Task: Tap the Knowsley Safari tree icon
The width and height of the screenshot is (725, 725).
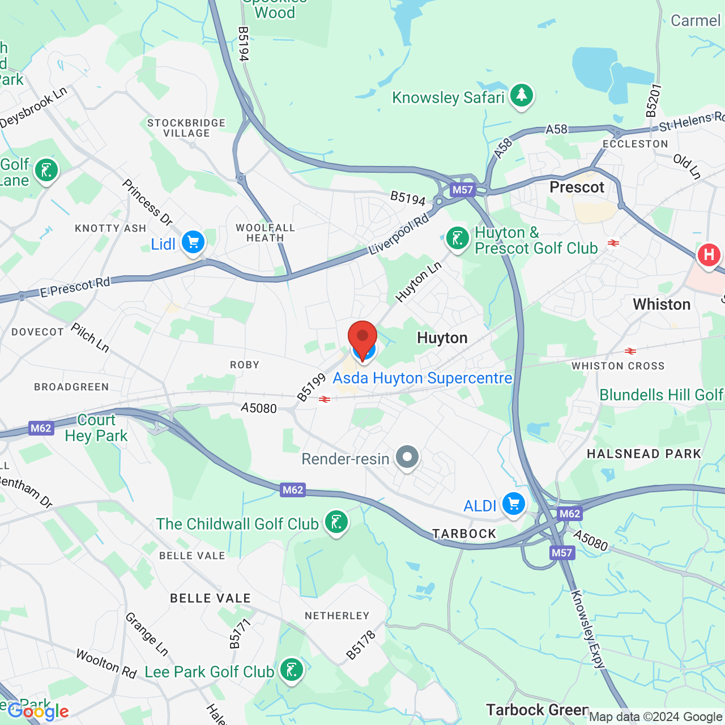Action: coord(521,96)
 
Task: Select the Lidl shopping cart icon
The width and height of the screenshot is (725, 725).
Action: coord(193,243)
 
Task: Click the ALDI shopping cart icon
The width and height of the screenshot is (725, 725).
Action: coord(513,504)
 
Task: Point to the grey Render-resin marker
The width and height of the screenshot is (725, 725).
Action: coord(407,457)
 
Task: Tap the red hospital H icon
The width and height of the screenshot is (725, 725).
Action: coord(709,255)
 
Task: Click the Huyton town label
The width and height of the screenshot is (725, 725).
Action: coord(442,338)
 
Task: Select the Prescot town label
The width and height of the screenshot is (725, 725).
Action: coord(577,187)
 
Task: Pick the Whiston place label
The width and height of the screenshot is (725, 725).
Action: coord(662,305)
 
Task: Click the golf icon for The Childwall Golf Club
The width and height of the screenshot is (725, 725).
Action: coord(336,522)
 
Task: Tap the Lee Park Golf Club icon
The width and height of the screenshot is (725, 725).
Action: coord(291,670)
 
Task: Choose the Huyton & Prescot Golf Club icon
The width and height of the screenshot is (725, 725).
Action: coord(457,238)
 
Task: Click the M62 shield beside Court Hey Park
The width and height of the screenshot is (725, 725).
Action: coord(41,428)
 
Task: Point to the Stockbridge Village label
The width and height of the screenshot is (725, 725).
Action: coord(186,128)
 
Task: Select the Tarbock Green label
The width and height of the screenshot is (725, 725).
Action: coord(537,710)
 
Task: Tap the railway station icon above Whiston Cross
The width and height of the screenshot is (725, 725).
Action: coord(630,351)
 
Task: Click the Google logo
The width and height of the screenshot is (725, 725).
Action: coord(38,711)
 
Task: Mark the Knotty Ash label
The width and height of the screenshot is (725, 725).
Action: coord(110,228)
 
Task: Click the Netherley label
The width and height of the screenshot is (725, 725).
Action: coord(337,616)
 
